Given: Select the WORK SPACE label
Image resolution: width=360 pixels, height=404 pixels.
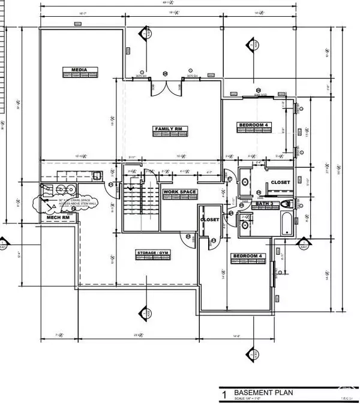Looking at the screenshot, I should point(180,192).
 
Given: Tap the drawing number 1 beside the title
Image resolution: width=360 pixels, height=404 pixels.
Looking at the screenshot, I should point(224,396).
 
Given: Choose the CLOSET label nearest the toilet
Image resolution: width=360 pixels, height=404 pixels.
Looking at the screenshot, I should point(280,182).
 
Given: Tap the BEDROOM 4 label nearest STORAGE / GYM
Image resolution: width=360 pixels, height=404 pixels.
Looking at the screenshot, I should point(247,257).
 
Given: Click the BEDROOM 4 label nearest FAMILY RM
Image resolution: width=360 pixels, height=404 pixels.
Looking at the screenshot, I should point(255,125).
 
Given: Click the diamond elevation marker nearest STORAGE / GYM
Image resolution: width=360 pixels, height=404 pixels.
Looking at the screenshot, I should point(145,313).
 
